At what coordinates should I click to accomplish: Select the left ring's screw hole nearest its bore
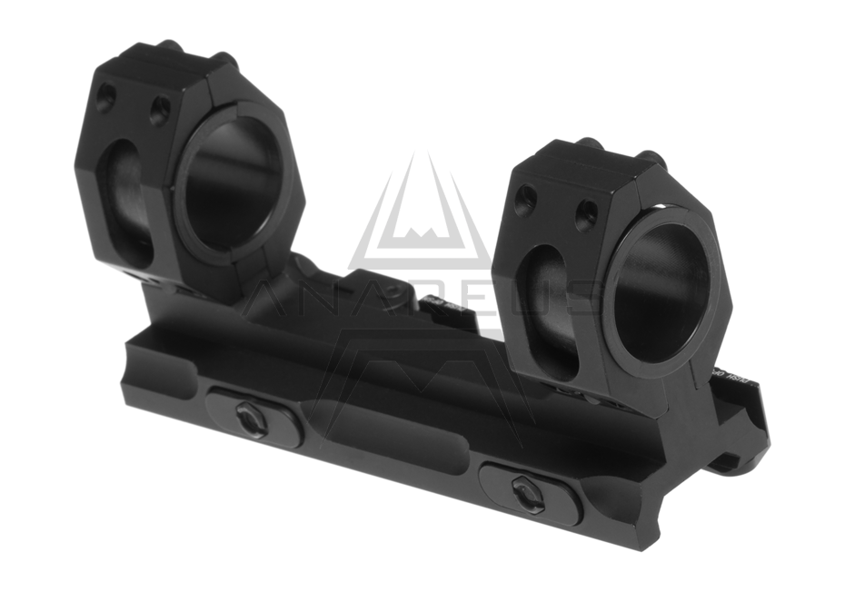point(160,111)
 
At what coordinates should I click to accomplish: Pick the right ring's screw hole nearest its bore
point(587,215)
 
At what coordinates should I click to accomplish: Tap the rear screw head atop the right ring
point(591,144)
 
